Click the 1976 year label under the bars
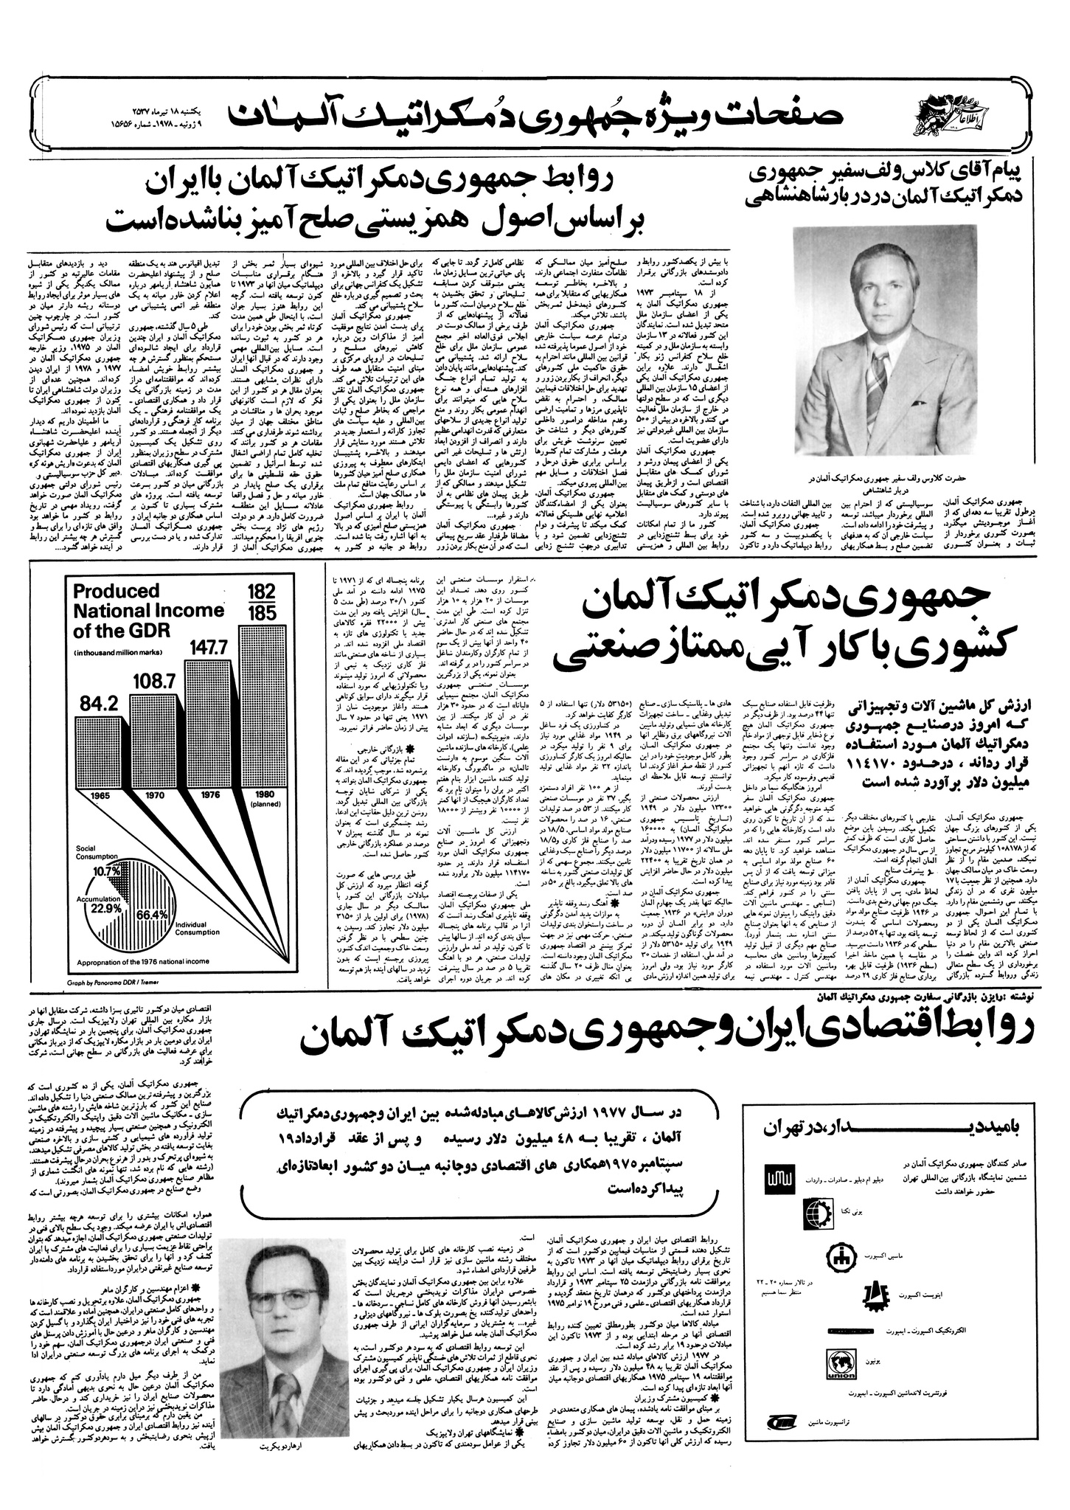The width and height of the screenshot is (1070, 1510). tap(210, 795)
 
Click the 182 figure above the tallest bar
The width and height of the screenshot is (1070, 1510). tap(262, 592)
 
